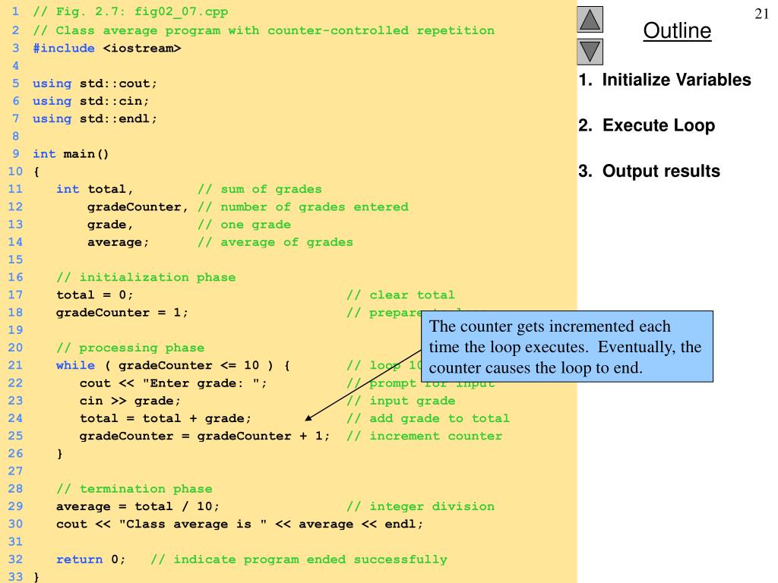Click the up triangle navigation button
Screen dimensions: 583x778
pyautogui.click(x=590, y=19)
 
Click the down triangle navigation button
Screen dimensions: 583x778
pyautogui.click(x=590, y=52)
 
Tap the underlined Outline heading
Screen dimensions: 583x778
pyautogui.click(x=677, y=31)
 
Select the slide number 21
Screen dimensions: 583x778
pyautogui.click(x=762, y=14)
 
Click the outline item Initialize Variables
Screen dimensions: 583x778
pyautogui.click(x=665, y=80)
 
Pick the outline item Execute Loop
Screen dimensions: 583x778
pyautogui.click(x=647, y=125)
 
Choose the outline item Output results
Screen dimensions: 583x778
pyautogui.click(x=649, y=172)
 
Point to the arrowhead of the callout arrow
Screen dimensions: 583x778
pyautogui.click(x=307, y=418)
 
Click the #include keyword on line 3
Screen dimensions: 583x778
pyautogui.click(x=64, y=49)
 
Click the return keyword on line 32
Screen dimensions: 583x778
pyautogui.click(x=79, y=559)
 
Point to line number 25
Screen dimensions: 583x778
pyautogui.click(x=15, y=436)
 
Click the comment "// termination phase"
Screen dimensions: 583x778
pyautogui.click(x=134, y=489)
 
